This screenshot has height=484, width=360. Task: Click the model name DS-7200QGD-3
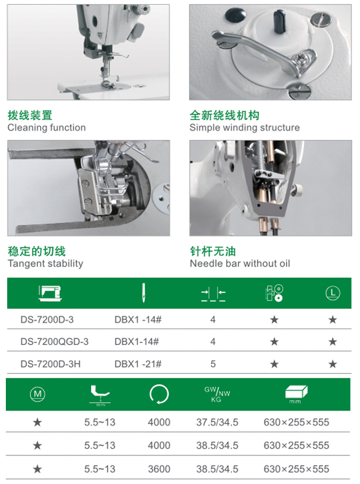tap(54, 342)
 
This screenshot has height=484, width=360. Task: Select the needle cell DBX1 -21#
tap(138, 364)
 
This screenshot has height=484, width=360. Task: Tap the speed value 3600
tap(159, 469)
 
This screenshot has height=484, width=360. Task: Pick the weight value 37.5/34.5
tap(217, 422)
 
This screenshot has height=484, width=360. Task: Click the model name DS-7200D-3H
tap(50, 364)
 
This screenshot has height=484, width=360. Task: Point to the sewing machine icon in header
tap(50, 293)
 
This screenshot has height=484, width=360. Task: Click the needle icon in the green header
tap(144, 293)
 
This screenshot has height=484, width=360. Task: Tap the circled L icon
tap(333, 293)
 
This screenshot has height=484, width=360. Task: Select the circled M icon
tap(38, 394)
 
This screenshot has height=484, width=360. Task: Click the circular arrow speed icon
tap(159, 394)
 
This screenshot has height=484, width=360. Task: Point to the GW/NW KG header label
tap(217, 394)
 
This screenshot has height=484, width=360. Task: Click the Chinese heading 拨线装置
tap(30, 115)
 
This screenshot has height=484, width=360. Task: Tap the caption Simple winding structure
tap(244, 127)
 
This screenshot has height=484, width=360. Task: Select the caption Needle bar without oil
tap(240, 263)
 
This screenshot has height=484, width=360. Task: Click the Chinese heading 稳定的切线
tap(37, 251)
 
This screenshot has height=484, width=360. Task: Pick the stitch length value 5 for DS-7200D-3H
tap(213, 364)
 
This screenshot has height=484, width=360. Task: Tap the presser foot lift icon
tap(100, 395)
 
